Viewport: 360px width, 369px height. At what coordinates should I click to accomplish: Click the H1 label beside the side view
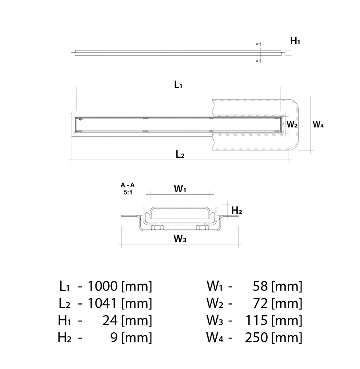click(x=295, y=41)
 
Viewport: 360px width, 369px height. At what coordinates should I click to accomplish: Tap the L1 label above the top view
click(x=178, y=85)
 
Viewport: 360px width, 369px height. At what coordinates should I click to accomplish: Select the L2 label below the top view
click(x=180, y=154)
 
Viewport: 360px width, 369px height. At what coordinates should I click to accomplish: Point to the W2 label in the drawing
click(x=292, y=125)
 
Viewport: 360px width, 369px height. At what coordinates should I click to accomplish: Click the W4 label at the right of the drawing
click(x=318, y=125)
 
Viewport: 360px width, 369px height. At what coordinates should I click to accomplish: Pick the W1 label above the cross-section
click(x=180, y=189)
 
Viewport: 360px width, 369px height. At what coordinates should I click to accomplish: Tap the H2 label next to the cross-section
click(x=237, y=211)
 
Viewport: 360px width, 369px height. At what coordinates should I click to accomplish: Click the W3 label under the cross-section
click(x=180, y=239)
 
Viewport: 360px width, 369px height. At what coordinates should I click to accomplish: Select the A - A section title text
click(x=128, y=185)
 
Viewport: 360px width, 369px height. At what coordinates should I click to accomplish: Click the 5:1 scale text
click(x=128, y=192)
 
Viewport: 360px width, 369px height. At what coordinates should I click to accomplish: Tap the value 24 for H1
click(x=110, y=320)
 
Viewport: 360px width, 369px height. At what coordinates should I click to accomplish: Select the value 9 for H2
click(x=114, y=337)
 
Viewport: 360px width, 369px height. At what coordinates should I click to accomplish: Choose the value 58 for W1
click(x=261, y=286)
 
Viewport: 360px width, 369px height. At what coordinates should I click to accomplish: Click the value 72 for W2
click(x=261, y=303)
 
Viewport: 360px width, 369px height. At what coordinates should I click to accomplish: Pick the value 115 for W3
click(x=257, y=320)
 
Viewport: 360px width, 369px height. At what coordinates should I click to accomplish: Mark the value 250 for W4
click(x=256, y=337)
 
